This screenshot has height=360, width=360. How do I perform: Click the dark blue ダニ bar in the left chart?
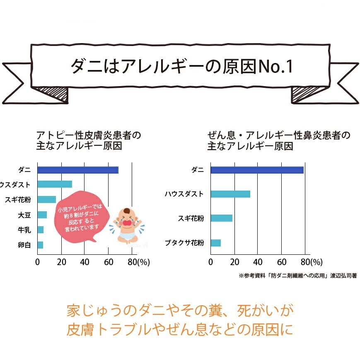78,170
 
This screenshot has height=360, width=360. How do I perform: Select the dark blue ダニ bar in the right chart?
257,170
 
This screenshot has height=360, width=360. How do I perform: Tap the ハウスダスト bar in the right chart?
230,194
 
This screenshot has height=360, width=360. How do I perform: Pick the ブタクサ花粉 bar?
216,243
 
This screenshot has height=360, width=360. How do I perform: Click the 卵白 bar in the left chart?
40,245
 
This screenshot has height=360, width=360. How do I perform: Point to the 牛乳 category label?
24,230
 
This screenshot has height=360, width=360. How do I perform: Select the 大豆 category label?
24,215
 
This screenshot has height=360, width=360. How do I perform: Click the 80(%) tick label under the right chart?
311,262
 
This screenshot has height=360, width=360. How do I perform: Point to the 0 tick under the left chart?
38,262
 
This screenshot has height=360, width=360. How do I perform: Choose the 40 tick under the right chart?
258,262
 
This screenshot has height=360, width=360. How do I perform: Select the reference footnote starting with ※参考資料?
297,275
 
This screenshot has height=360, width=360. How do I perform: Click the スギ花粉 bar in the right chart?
221,218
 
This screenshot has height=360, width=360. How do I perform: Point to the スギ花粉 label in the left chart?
17,199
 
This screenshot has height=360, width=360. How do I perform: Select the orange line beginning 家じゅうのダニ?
179,310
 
